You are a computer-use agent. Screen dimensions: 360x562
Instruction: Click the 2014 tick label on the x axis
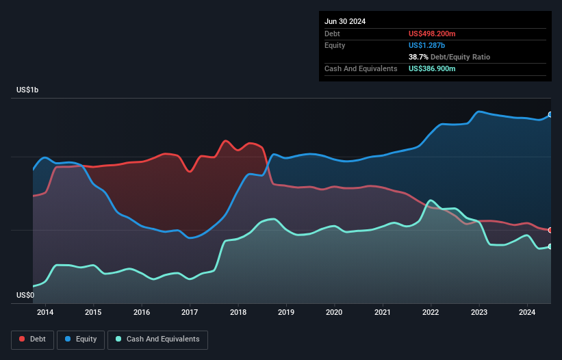pos(45,313)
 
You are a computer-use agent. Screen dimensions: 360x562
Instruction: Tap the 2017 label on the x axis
pos(190,313)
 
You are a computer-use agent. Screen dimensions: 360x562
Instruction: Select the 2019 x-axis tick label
pos(286,313)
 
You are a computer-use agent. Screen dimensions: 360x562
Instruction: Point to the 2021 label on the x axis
pos(383,313)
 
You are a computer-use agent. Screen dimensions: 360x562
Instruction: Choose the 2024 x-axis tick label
pos(527,313)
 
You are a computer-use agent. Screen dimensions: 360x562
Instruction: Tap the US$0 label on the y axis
pos(26,295)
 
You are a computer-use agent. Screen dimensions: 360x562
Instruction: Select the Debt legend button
pos(32,339)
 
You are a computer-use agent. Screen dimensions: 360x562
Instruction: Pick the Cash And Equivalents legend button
pos(157,339)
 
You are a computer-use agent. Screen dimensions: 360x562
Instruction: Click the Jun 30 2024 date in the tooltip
pos(345,21)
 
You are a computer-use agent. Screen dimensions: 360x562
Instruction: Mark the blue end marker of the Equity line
pos(550,115)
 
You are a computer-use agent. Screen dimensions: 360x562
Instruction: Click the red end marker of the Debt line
pos(550,230)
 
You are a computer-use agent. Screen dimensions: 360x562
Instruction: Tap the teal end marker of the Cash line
pos(550,246)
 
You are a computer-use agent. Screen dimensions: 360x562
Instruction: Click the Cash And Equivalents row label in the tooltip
pos(361,68)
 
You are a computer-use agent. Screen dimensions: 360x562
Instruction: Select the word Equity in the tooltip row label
pos(335,45)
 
